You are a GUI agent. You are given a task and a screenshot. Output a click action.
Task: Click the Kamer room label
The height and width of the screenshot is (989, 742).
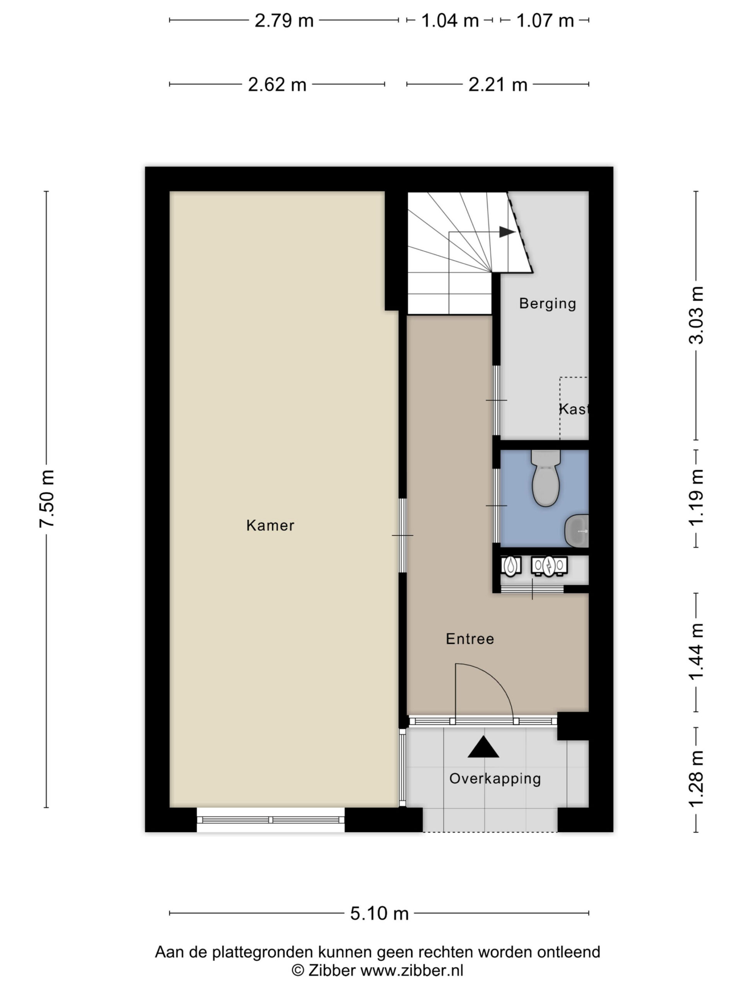point(270,525)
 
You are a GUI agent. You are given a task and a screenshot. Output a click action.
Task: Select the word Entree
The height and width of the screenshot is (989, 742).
point(470,639)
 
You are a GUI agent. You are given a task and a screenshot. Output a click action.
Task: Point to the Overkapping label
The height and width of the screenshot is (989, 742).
point(495,779)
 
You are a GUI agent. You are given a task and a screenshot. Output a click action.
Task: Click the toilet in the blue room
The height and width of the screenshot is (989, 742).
point(546,478)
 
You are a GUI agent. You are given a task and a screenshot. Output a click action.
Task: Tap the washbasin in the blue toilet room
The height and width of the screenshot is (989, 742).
point(577,531)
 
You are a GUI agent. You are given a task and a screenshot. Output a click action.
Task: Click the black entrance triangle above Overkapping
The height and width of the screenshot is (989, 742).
point(483,747)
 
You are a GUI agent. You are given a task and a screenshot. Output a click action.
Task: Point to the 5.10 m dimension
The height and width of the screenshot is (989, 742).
point(379,913)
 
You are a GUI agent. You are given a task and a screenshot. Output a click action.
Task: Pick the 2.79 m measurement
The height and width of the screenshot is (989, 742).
point(284,20)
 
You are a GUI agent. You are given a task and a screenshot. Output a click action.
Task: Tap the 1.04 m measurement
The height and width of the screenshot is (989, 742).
point(450,20)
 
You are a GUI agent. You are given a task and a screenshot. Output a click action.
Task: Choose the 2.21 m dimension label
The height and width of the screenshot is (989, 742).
point(498,85)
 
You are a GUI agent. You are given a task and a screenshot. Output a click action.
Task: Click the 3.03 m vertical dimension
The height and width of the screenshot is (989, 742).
point(696,315)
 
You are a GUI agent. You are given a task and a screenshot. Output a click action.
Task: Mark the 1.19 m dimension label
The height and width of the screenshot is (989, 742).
point(696,498)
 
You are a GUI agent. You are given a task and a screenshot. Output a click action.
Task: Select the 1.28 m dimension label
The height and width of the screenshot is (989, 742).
point(696,779)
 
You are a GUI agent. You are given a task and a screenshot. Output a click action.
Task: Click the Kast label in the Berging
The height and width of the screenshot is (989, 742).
point(574,409)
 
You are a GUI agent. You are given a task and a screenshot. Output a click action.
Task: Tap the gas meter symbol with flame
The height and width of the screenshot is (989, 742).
point(511,566)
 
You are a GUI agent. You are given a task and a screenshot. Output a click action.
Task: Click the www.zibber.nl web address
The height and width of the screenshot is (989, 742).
point(412,970)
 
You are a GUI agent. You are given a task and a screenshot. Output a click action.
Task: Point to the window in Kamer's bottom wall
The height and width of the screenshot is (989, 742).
point(271,819)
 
